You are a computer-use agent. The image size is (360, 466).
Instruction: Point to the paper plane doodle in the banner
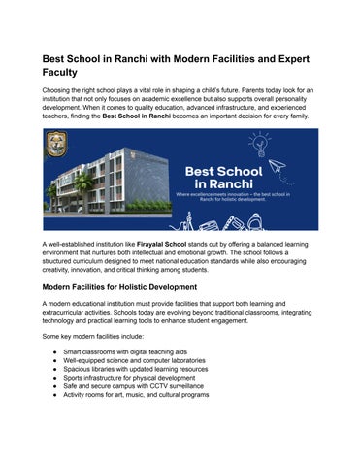click(278, 166)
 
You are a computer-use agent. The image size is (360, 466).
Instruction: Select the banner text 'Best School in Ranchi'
click(216, 177)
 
